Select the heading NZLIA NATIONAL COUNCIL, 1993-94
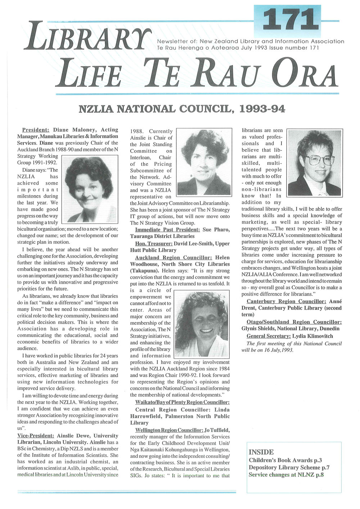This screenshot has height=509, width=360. [182, 108]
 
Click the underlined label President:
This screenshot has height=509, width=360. [36, 130]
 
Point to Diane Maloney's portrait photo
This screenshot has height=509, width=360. [90, 189]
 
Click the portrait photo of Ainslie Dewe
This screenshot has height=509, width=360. [203, 162]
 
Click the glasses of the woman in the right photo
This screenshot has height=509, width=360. [319, 159]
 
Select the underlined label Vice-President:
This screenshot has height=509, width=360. [36, 436]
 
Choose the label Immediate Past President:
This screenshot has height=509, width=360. [167, 230]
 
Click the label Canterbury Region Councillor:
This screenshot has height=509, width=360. [287, 301]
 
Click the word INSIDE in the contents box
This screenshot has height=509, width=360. [261, 452]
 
